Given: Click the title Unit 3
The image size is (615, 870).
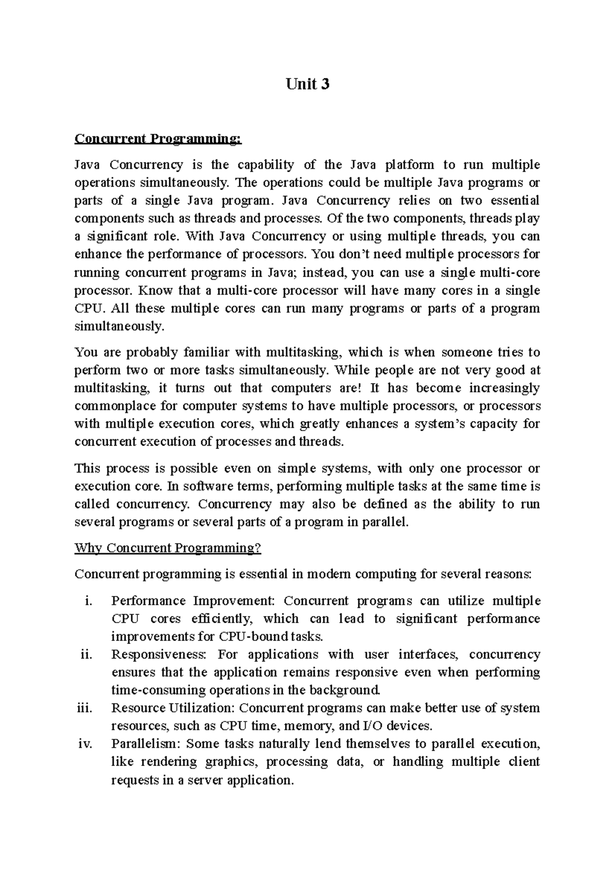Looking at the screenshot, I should coord(307,84).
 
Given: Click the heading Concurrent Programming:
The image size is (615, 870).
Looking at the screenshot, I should coord(157,139).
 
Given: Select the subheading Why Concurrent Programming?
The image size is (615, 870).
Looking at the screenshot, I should coord(168,548).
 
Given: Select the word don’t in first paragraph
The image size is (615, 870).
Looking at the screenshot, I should coord(348,255).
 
